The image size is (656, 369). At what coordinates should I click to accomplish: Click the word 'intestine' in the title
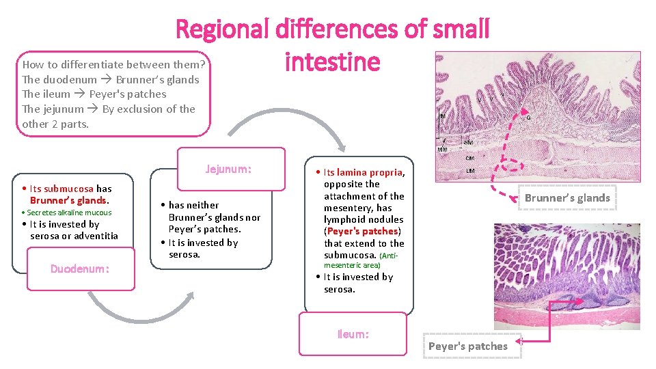click(332, 62)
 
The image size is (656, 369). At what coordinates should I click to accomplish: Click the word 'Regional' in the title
click(223, 29)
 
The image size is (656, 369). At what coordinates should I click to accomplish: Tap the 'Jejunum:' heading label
click(229, 169)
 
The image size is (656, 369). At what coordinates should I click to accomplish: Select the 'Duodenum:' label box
click(79, 269)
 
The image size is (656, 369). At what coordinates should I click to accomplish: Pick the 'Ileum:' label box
click(353, 334)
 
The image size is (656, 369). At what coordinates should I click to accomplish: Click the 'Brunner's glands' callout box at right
click(566, 198)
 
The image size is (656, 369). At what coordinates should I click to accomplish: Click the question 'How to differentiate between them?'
click(114, 65)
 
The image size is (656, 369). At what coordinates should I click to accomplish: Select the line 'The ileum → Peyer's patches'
click(94, 94)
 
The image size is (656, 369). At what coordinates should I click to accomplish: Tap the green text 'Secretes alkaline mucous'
click(69, 213)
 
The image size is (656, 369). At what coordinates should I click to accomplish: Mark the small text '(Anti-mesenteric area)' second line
click(352, 265)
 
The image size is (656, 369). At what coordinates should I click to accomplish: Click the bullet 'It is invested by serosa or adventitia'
click(73, 230)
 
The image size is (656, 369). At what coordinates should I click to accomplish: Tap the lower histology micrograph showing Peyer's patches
click(566, 276)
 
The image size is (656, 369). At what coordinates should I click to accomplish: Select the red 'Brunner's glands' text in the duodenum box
click(68, 200)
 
